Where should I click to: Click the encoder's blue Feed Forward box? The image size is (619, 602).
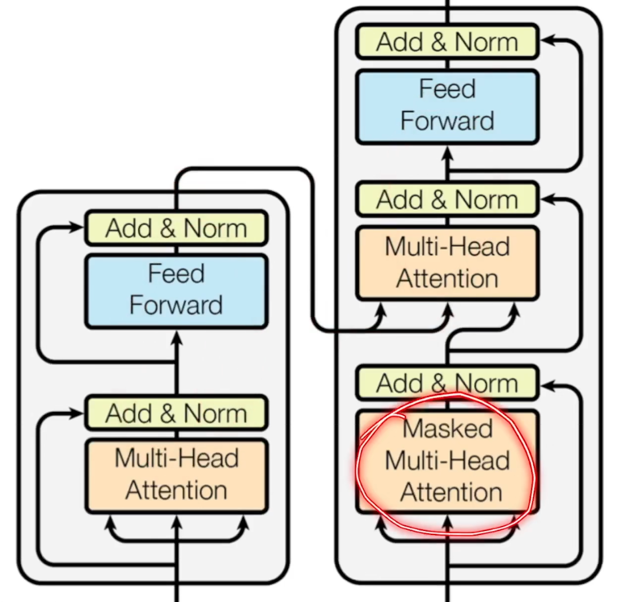pyautogui.click(x=176, y=290)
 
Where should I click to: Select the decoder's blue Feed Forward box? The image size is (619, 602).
pyautogui.click(x=447, y=106)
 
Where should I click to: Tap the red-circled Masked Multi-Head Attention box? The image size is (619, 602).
pyautogui.click(x=447, y=461)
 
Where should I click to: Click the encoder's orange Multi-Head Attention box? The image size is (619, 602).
pyautogui.click(x=176, y=475)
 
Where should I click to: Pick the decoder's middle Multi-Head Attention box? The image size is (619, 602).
pyautogui.click(x=447, y=263)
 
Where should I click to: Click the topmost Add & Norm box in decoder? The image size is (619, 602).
pyautogui.click(x=447, y=42)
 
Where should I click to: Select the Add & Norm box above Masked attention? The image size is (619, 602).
pyautogui.click(x=447, y=383)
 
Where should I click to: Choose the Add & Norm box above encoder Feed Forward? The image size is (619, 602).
pyautogui.click(x=176, y=228)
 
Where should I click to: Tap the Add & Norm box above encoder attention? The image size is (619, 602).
pyautogui.click(x=176, y=413)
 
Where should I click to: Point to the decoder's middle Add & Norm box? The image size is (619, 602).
pyautogui.click(x=447, y=200)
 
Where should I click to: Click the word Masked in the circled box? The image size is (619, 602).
pyautogui.click(x=448, y=429)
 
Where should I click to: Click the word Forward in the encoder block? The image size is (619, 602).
pyautogui.click(x=176, y=306)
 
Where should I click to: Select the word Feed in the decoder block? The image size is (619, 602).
pyautogui.click(x=447, y=89)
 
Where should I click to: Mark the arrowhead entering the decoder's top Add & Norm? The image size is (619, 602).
pyautogui.click(x=547, y=39)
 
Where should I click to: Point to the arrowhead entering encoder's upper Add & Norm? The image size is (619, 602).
pyautogui.click(x=78, y=227)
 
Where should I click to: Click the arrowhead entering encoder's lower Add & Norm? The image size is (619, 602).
pyautogui.click(x=78, y=413)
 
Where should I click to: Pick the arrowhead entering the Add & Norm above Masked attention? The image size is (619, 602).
pyautogui.click(x=547, y=386)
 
